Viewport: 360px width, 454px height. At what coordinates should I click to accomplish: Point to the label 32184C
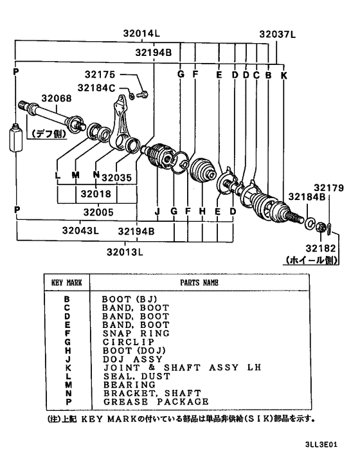point(97,87)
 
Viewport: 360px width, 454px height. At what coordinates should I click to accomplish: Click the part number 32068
point(56,98)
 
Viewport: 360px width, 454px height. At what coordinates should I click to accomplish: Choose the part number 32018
point(95,193)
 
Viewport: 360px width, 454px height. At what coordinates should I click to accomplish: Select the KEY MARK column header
point(66,282)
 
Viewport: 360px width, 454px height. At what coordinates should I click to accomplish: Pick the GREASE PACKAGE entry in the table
point(155,401)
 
